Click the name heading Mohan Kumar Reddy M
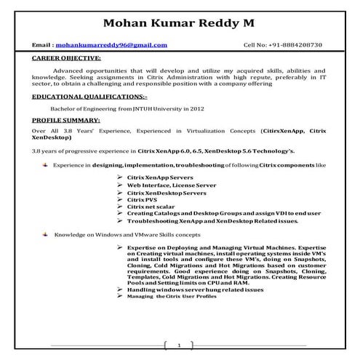(x=179, y=23)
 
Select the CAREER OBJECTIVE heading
(x=66, y=57)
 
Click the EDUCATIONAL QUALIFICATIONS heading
(x=89, y=96)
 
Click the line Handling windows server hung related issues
(x=195, y=289)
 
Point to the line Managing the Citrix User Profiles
(x=172, y=297)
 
